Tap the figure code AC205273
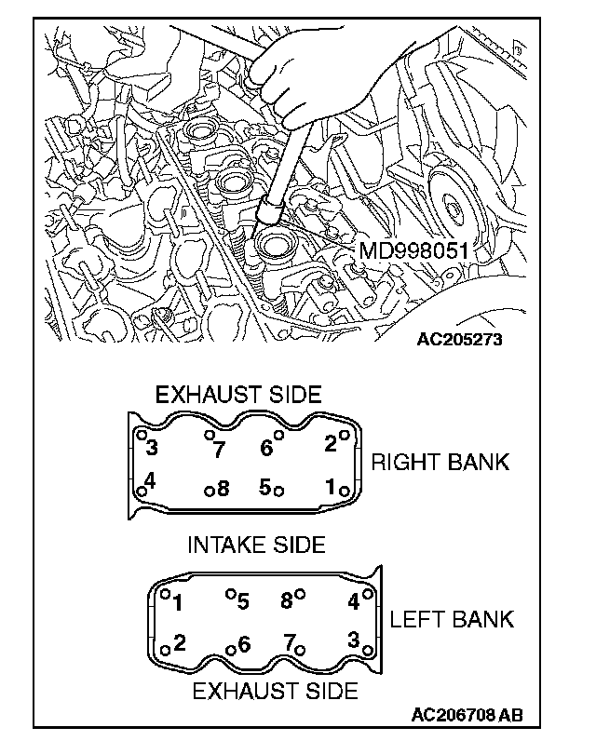pos(459,339)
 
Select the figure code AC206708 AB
pos(467,715)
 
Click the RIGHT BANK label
pos(440,462)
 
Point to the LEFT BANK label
pos(452,619)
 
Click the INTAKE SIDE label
pos(256,545)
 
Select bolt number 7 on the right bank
pos(219,451)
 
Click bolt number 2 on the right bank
pos(330,444)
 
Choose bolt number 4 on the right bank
pos(150,482)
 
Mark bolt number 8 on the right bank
pos(223,489)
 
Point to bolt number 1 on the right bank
pos(331,486)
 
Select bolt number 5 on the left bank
pos(243,601)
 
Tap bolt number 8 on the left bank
pos(287,600)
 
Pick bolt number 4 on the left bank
pos(353,601)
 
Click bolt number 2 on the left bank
pos(180,641)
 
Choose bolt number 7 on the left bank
pos(290,641)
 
